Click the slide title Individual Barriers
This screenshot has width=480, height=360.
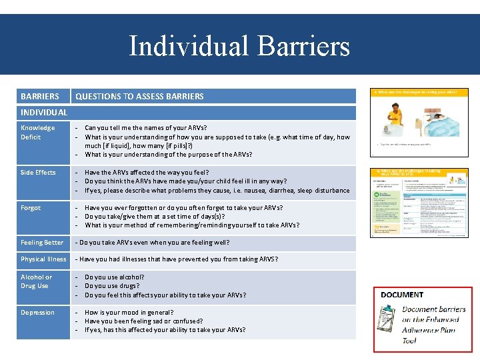click(239, 46)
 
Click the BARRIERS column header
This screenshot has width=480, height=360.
click(39, 96)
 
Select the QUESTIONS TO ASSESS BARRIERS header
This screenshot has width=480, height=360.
click(139, 96)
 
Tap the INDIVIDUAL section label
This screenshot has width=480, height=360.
click(44, 112)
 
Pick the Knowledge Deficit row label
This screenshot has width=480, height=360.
click(38, 132)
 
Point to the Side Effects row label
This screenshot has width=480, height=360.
click(38, 172)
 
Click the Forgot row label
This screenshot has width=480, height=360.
click(31, 207)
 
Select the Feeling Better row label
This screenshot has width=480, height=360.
click(42, 243)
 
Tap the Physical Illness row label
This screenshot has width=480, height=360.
click(43, 259)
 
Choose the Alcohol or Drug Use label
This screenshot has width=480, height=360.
click(36, 281)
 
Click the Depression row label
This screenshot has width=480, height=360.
click(37, 312)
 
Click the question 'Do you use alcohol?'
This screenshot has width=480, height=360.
click(114, 277)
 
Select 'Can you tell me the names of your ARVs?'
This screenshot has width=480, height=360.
click(145, 127)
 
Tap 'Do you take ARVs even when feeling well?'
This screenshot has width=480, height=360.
click(153, 243)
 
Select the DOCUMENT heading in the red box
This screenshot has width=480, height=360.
click(401, 295)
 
